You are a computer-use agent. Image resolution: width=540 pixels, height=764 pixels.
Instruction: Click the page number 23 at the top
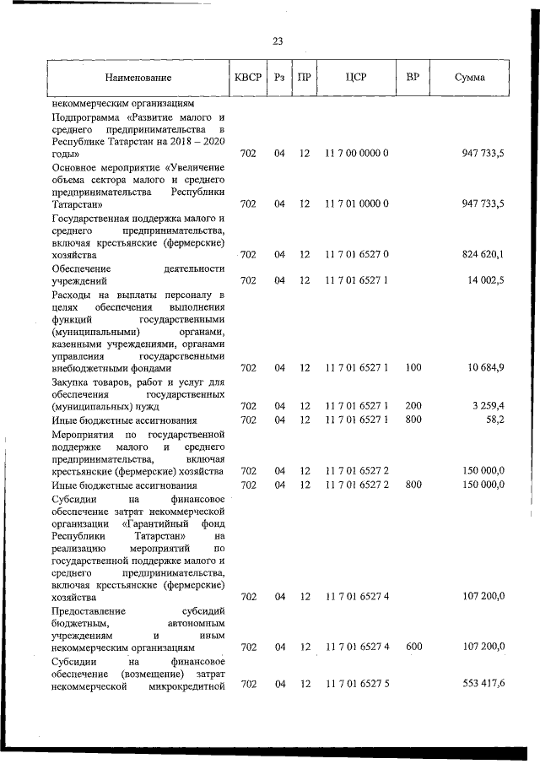point(278,41)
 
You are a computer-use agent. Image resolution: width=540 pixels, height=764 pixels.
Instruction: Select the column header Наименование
point(138,78)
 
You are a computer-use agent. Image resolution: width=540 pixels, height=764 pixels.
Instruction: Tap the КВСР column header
point(247,78)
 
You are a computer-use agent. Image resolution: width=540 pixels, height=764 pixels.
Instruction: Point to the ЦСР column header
point(355,78)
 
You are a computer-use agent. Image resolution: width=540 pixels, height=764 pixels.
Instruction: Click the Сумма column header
point(469,78)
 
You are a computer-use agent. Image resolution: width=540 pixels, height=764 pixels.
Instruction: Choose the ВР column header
point(413,78)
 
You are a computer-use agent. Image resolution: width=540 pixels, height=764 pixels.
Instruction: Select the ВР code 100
point(413,367)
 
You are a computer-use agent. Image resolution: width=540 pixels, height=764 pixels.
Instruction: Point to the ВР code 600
point(413,647)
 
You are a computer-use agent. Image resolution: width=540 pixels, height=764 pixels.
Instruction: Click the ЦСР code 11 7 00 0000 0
point(355,154)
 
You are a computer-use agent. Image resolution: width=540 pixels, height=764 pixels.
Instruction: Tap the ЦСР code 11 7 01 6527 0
point(355,253)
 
